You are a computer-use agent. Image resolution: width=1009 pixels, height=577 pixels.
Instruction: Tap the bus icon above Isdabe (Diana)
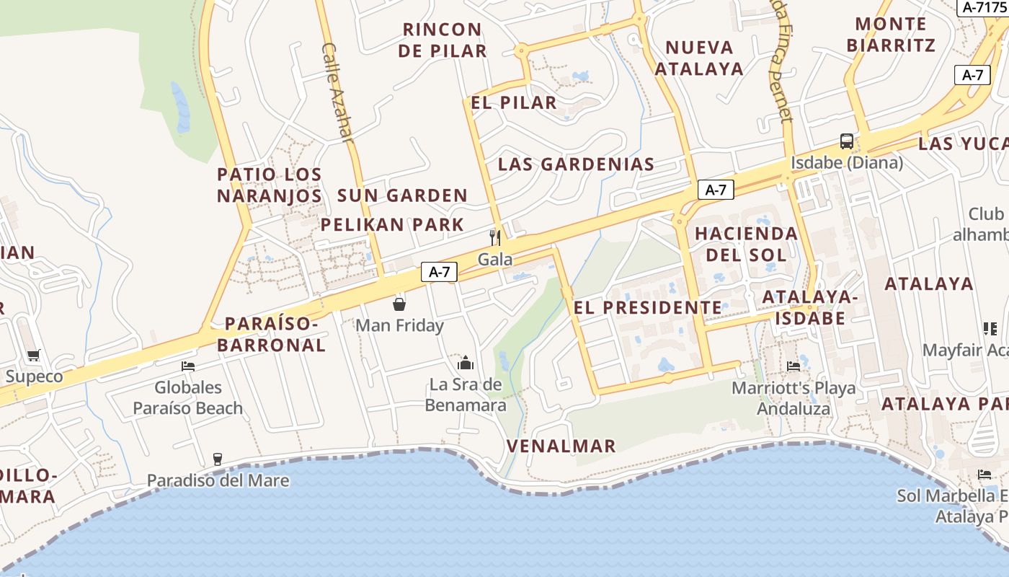pyautogui.click(x=847, y=141)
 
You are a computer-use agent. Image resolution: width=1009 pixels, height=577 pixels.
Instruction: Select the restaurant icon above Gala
pyautogui.click(x=495, y=237)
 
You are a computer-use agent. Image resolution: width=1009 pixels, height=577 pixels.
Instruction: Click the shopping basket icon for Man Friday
pyautogui.click(x=399, y=304)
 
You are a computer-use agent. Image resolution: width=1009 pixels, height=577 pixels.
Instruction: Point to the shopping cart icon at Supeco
pyautogui.click(x=33, y=355)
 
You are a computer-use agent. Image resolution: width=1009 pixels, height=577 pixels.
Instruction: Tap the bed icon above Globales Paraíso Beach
pyautogui.click(x=188, y=366)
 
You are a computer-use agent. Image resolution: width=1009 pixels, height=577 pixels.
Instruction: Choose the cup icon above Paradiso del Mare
pyautogui.click(x=218, y=459)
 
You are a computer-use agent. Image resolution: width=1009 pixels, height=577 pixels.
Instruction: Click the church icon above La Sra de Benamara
pyautogui.click(x=466, y=362)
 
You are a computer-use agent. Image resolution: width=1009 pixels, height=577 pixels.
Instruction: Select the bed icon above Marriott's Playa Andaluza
pyautogui.click(x=794, y=366)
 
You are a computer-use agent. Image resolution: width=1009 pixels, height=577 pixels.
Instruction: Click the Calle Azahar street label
pyautogui.click(x=338, y=92)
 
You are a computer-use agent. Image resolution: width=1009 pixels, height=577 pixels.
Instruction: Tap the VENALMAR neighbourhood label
pyautogui.click(x=561, y=446)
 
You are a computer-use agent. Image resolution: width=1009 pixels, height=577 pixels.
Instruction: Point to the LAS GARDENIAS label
pyautogui.click(x=576, y=164)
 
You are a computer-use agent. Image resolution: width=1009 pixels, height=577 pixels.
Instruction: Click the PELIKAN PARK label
pyautogui.click(x=393, y=224)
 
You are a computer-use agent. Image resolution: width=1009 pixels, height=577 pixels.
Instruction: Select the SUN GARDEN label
pyautogui.click(x=403, y=195)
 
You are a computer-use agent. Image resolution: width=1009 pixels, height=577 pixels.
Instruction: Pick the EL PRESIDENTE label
pyautogui.click(x=647, y=307)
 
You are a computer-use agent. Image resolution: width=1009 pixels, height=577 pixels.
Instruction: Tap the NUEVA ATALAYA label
pyautogui.click(x=698, y=58)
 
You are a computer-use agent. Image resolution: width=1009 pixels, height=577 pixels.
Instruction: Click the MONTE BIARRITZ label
pyautogui.click(x=891, y=35)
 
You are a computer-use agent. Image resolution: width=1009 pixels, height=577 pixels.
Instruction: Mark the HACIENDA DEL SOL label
pyautogui.click(x=746, y=244)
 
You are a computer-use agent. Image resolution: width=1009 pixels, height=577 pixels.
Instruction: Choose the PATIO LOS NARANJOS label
pyautogui.click(x=270, y=185)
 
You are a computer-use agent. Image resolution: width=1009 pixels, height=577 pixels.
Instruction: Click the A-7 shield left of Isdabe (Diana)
pyautogui.click(x=716, y=190)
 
